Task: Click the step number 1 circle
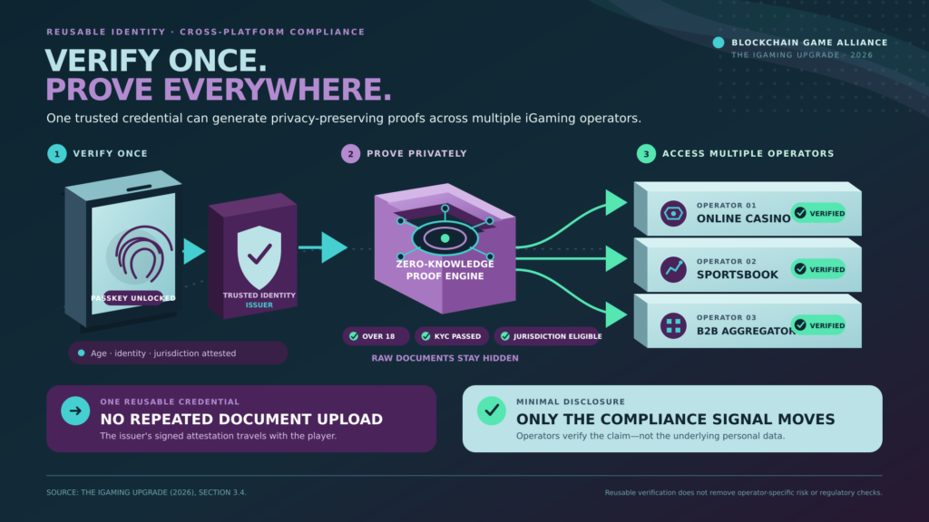[57, 154]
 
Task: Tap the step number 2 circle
[351, 154]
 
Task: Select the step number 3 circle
[646, 154]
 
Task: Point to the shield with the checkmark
[259, 256]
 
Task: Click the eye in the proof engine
[445, 238]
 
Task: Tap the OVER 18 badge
[376, 336]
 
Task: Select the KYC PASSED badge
[452, 336]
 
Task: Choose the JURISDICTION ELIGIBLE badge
[548, 336]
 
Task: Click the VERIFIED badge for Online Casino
[819, 213]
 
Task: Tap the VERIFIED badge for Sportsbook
[819, 269]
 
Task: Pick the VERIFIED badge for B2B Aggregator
[819, 325]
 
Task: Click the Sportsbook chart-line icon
[674, 269]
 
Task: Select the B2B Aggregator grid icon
[674, 325]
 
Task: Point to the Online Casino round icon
[674, 214]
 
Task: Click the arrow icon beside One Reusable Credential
[75, 411]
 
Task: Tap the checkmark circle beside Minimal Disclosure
[492, 411]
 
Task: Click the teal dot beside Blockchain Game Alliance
[719, 42]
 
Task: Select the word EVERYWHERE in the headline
[278, 90]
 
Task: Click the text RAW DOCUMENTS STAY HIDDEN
[445, 358]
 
